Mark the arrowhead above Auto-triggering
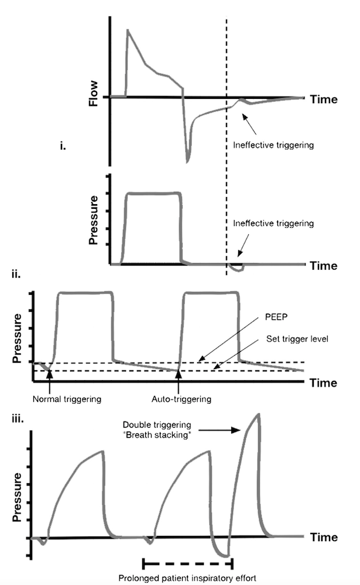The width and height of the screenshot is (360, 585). click(177, 368)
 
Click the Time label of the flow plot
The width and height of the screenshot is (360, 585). click(324, 99)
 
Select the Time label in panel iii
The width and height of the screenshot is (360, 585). click(324, 537)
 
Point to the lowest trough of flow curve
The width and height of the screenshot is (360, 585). click(188, 161)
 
